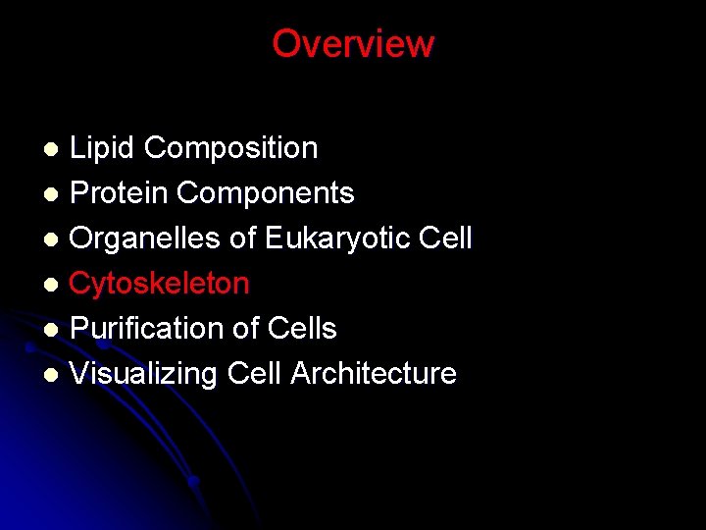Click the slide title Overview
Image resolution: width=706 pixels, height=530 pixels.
coord(353,43)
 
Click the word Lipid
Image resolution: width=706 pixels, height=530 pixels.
coord(103,148)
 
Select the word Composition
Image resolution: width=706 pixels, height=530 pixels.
coord(230,148)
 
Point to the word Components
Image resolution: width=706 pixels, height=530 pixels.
coord(265,193)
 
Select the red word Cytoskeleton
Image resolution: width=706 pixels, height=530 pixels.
coord(159,284)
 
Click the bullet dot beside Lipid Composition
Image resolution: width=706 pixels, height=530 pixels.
coord(54,149)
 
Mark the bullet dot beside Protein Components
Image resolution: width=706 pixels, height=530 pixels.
coord(54,194)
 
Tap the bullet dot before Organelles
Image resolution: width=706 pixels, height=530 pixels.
coord(54,239)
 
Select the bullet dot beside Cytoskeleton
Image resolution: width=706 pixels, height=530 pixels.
coord(54,285)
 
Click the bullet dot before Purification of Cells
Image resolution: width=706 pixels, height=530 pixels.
coord(54,330)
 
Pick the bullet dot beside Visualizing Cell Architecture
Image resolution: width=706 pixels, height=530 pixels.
coord(54,375)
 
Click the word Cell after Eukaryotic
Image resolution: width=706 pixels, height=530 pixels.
coord(445,238)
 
